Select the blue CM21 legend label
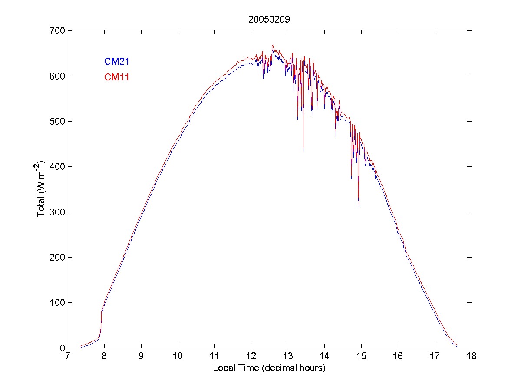point(116,62)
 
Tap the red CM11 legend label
point(116,77)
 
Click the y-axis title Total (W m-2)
point(41,189)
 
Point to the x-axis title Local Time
point(269,368)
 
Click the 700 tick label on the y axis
point(58,31)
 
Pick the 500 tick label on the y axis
point(58,122)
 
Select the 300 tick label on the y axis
point(58,212)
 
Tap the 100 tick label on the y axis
point(58,303)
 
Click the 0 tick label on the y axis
point(63,348)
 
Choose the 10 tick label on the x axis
point(178,357)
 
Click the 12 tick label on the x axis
point(251,357)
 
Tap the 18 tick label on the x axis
point(472,357)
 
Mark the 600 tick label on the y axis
point(58,76)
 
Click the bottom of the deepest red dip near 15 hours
point(359,206)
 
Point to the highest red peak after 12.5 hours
point(273,44)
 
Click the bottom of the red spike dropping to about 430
point(303,151)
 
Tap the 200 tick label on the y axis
point(58,258)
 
